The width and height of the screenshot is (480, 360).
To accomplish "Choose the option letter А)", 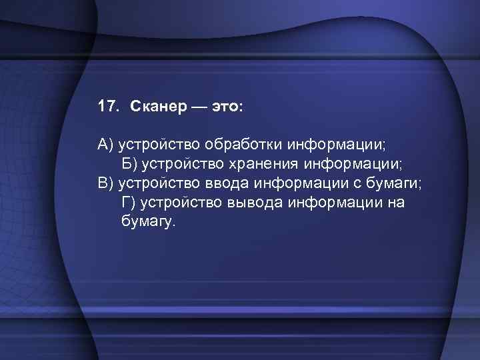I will pos(107,145).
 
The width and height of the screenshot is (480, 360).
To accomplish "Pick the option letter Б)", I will pos(131,164).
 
